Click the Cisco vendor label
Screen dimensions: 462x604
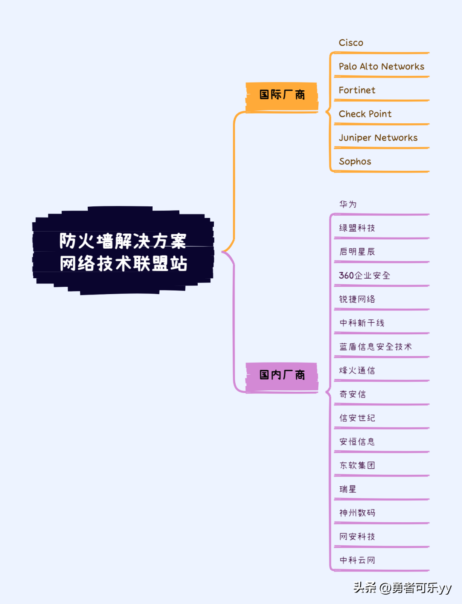[x=351, y=43]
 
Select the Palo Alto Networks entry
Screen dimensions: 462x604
[x=381, y=66]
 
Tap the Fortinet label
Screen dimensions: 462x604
[x=357, y=90]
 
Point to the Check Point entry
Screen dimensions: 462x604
[x=365, y=114]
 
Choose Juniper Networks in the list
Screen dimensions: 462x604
[x=378, y=138]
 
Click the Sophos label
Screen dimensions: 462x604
[x=355, y=161]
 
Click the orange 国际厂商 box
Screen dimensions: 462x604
[x=282, y=95]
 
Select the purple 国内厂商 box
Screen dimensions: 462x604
[x=282, y=375]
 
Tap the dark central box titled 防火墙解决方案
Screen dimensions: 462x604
[x=123, y=252]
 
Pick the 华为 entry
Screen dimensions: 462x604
[x=348, y=204]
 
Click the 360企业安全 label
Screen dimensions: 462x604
[x=364, y=275]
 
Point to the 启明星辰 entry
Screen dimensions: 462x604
[x=357, y=252]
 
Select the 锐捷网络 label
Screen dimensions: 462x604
[x=357, y=299]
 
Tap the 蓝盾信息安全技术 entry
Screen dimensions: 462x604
[x=375, y=347]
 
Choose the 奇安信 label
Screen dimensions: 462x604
[x=352, y=394]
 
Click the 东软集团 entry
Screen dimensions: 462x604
[x=357, y=465]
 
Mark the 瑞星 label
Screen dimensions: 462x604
[x=348, y=489]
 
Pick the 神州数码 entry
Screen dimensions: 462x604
[x=357, y=513]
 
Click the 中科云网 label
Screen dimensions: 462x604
[x=357, y=560]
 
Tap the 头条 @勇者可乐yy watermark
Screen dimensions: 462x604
[x=402, y=588]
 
